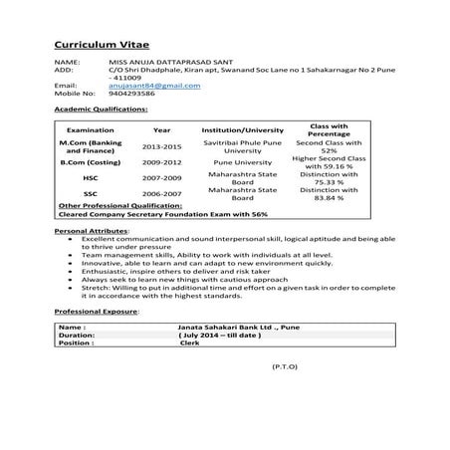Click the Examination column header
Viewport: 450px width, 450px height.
click(91, 130)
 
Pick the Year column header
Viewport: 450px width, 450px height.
click(161, 130)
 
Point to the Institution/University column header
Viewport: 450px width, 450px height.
click(242, 130)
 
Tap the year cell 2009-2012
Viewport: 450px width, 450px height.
click(161, 160)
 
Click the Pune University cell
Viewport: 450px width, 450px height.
click(242, 160)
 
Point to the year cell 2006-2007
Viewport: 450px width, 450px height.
click(161, 194)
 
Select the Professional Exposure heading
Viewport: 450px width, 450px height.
click(97, 312)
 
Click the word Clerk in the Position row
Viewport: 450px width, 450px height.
click(189, 342)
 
